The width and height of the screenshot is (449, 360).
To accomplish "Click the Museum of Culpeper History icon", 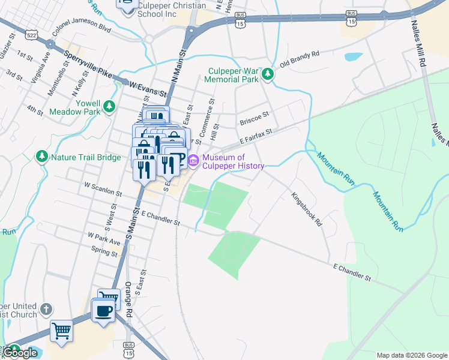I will point(193,161).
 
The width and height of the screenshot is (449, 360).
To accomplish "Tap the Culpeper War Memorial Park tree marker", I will point(268,75).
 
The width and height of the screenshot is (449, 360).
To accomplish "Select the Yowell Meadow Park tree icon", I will point(109,107).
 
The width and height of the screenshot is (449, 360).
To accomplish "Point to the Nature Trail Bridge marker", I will point(42,157).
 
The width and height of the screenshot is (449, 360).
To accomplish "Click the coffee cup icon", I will point(103,311).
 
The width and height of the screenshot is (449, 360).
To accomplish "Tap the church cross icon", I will point(46,310).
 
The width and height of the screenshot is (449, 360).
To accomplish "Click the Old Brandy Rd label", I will point(299,59).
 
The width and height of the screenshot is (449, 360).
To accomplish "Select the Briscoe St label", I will point(255,113).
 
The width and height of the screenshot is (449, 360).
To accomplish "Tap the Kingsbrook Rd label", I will point(307,209).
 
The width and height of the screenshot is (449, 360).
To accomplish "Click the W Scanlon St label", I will point(103,190).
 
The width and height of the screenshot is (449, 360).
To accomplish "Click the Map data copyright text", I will point(411,355).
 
